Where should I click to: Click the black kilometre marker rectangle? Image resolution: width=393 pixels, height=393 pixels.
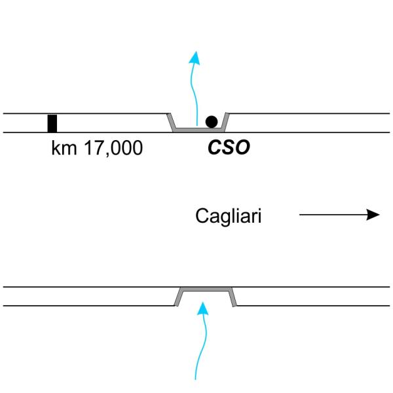pyautogui.click(x=52, y=123)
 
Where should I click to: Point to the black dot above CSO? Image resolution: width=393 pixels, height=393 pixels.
pyautogui.click(x=211, y=121)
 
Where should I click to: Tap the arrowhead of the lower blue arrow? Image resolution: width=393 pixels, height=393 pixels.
pyautogui.click(x=204, y=308)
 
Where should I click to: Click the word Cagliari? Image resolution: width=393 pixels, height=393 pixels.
pyautogui.click(x=229, y=216)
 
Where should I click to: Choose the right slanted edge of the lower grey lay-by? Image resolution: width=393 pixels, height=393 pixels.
pyautogui.click(x=233, y=297)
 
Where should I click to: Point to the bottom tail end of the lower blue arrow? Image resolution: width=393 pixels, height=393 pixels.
pyautogui.click(x=199, y=377)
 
